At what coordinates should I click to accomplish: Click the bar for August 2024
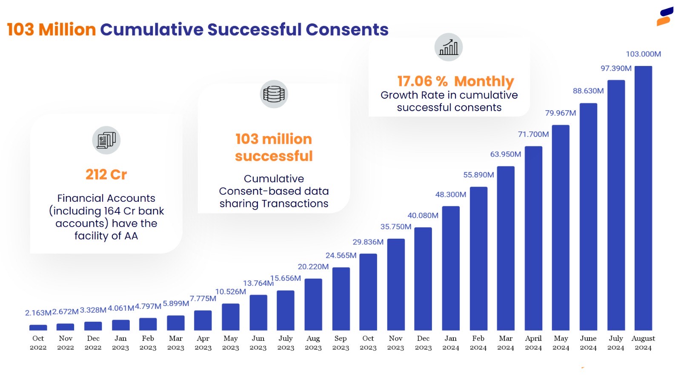pyautogui.click(x=643, y=198)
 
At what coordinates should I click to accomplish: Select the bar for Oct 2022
pyautogui.click(x=38, y=328)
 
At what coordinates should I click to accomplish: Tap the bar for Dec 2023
pyautogui.click(x=423, y=279)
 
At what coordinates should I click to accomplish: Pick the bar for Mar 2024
pyautogui.click(x=506, y=248)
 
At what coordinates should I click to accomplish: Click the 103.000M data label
pyautogui.click(x=643, y=54)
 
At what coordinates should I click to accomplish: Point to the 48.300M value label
pyautogui.click(x=450, y=194)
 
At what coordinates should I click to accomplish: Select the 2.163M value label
pyautogui.click(x=38, y=313)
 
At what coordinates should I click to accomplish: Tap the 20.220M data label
pyautogui.click(x=313, y=267)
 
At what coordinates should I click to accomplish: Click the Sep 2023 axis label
pyautogui.click(x=340, y=343)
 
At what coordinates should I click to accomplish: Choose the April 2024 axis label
pyautogui.click(x=533, y=343)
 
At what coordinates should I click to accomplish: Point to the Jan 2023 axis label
pyautogui.click(x=120, y=343)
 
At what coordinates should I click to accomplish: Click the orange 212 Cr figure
pyautogui.click(x=106, y=174)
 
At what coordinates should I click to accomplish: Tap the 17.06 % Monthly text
pyautogui.click(x=455, y=81)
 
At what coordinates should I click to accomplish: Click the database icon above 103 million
pyautogui.click(x=274, y=94)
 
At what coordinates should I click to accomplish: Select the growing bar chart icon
pyautogui.click(x=448, y=47)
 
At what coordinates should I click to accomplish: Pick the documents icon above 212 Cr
pyautogui.click(x=106, y=140)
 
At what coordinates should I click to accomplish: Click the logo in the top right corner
pyautogui.click(x=665, y=16)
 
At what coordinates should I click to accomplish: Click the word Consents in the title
pyautogui.click(x=347, y=29)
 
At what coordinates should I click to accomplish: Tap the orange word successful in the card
pyautogui.click(x=274, y=156)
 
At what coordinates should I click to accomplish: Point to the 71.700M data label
pyautogui.click(x=533, y=134)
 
